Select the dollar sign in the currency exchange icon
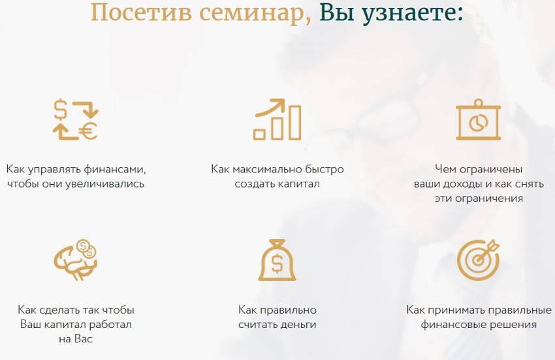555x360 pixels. click(x=60, y=109)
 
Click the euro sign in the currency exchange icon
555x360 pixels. click(x=87, y=131)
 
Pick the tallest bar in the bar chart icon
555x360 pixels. click(x=295, y=122)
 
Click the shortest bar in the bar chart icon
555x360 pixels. click(x=259, y=134)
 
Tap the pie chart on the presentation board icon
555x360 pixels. click(x=478, y=123)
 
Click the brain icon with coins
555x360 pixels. click(x=75, y=260)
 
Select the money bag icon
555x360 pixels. click(x=277, y=260)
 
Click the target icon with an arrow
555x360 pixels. click(x=478, y=260)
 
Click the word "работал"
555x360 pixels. click(x=110, y=325)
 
